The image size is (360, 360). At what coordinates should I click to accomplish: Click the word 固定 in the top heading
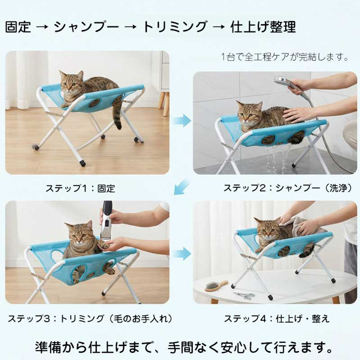[18, 27]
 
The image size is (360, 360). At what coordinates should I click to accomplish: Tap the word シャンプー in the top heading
[86, 27]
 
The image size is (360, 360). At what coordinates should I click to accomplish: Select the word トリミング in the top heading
[175, 27]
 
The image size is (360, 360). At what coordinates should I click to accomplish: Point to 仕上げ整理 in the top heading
[263, 27]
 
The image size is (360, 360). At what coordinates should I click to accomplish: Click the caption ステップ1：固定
[80, 188]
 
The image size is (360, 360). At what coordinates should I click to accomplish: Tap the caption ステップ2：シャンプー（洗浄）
[288, 188]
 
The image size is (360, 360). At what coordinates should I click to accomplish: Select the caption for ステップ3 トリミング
[90, 319]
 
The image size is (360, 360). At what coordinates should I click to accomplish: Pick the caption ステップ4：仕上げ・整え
[277, 319]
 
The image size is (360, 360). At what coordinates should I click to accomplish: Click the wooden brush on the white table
[216, 286]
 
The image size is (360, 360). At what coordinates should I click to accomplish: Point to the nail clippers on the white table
[244, 296]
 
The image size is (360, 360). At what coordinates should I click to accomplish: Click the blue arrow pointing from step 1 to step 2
[182, 120]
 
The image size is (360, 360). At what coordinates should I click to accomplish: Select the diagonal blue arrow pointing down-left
[182, 186]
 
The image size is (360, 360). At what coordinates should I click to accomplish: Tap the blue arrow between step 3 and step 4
[182, 254]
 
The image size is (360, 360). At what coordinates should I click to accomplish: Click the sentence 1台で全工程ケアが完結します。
[285, 57]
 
